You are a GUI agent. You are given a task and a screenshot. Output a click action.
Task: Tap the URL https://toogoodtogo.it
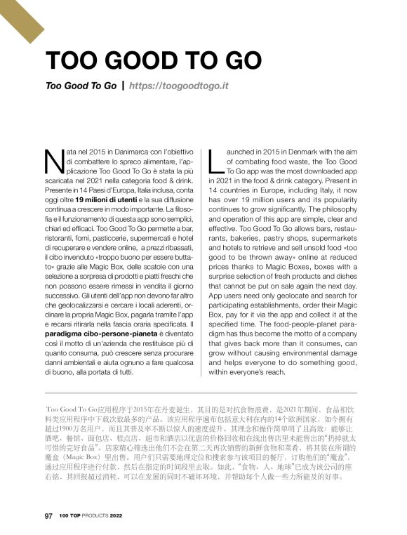point(180,86)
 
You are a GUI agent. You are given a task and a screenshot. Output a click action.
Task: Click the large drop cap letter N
point(52,161)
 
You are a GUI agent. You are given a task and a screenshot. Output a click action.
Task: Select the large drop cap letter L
point(215,161)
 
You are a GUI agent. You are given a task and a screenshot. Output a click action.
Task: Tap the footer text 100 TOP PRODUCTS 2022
point(91,515)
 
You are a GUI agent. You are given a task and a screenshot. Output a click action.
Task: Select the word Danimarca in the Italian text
point(120,152)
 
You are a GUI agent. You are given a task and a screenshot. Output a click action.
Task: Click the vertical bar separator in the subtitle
point(124,86)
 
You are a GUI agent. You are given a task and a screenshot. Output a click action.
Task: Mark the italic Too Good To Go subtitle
point(80,86)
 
